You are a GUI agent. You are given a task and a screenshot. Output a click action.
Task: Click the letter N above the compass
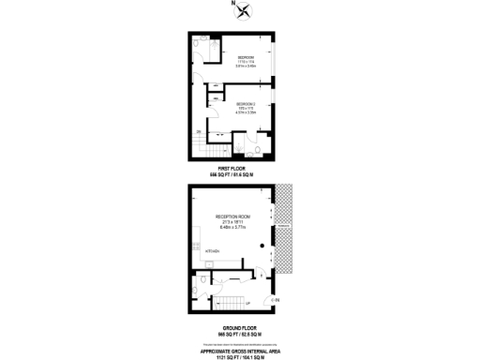233,4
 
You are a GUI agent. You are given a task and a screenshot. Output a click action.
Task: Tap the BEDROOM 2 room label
246,103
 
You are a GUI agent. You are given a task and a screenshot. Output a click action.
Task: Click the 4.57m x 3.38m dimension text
246,113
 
